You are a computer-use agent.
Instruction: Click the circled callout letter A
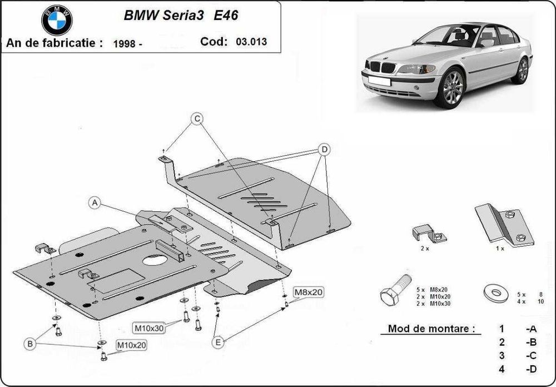95,204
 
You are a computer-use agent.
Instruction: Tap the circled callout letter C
197,118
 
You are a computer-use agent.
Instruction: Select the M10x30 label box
148,328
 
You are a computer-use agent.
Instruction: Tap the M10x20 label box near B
131,345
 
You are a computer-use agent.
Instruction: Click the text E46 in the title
226,16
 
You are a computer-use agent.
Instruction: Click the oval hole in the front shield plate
157,260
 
